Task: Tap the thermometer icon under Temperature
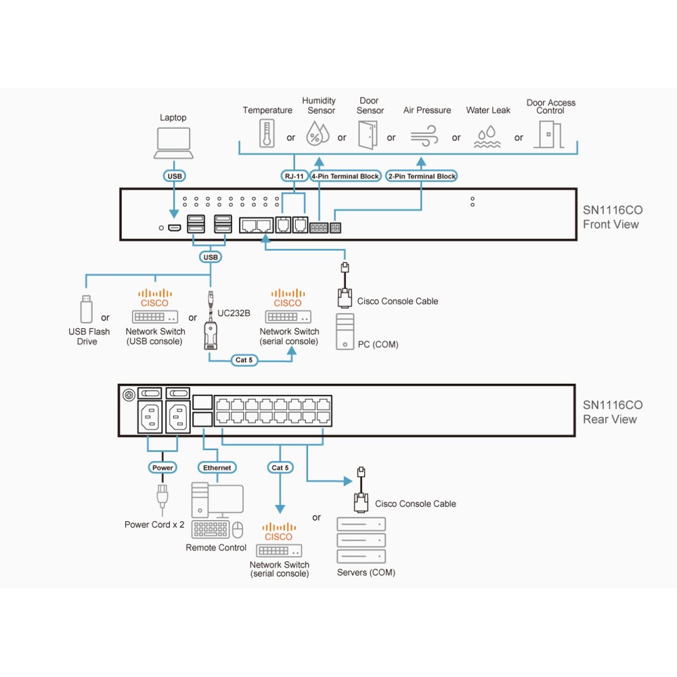(267, 133)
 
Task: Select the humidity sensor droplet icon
(318, 133)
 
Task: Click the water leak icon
(487, 137)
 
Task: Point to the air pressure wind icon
(424, 135)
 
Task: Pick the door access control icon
(549, 134)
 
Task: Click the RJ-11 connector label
(294, 176)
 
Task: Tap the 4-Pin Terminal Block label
(345, 176)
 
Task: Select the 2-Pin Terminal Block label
(421, 176)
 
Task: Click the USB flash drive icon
(87, 309)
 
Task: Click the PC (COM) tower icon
(345, 332)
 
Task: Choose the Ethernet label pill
(217, 468)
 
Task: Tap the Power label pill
(162, 468)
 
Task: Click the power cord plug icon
(162, 499)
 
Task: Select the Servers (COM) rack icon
(361, 540)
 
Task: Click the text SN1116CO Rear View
(612, 412)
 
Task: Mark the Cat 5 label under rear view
(280, 468)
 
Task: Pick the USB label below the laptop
(175, 176)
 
